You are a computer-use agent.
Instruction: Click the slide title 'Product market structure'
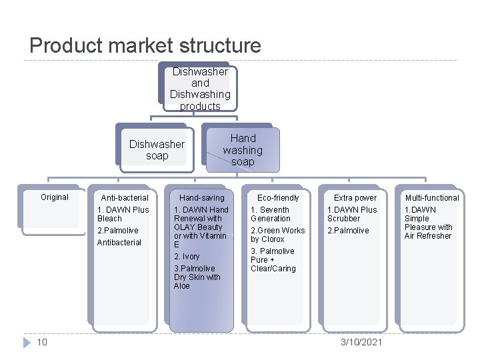click(145, 45)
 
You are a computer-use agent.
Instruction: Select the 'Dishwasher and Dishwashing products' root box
click(200, 89)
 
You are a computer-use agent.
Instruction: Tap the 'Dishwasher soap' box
click(157, 150)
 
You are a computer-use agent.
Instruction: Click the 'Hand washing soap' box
click(243, 150)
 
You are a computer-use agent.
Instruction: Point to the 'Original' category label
click(55, 197)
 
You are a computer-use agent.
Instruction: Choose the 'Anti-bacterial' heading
click(125, 198)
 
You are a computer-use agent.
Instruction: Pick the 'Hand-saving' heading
click(202, 198)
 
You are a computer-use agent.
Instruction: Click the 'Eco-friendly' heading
click(278, 198)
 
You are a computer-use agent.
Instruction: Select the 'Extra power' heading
click(355, 198)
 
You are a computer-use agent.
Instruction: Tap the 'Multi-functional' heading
click(432, 198)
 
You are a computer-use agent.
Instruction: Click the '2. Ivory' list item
click(187, 257)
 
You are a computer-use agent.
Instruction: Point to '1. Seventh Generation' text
click(271, 214)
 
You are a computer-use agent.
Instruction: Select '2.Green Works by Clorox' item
click(277, 235)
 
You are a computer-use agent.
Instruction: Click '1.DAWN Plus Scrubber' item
click(352, 214)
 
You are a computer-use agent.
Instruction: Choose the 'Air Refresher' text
click(428, 236)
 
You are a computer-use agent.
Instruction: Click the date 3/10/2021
click(361, 342)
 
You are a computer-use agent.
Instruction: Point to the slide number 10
click(42, 342)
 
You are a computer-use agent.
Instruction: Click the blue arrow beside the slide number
click(27, 343)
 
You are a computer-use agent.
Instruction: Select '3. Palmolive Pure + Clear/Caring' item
click(273, 260)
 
